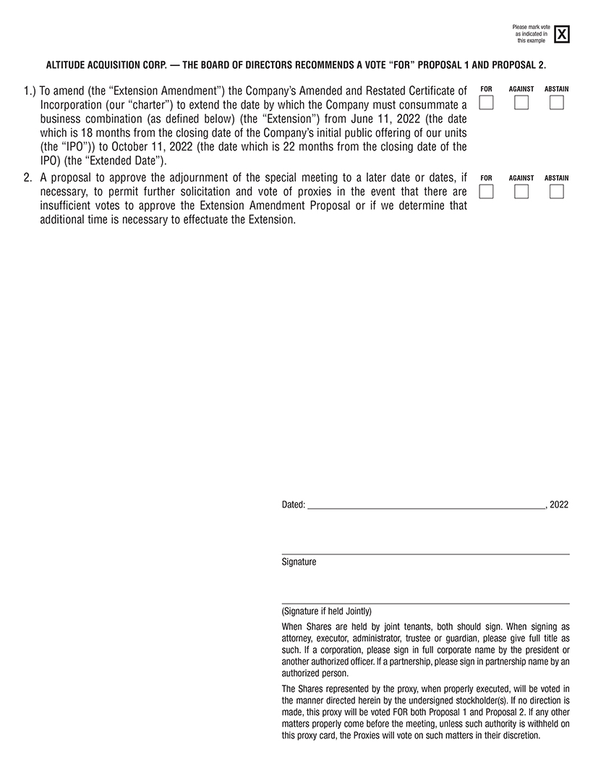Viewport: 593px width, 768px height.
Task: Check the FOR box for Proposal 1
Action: point(487,103)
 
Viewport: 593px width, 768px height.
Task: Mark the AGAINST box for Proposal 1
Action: point(521,103)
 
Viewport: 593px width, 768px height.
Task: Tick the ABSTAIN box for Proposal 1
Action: point(556,103)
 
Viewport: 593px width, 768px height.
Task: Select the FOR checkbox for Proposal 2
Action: point(487,192)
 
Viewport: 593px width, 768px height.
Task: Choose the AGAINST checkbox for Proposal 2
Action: point(521,192)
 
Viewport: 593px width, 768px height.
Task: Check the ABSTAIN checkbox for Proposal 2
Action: point(556,192)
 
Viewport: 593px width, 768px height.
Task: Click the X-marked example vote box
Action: point(562,34)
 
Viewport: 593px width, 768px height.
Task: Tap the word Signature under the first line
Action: point(299,562)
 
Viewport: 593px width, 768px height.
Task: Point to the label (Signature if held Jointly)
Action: point(326,611)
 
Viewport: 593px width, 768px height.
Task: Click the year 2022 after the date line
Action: point(558,505)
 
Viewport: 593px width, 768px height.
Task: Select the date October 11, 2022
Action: point(153,147)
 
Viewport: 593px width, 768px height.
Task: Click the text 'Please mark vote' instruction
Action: point(531,28)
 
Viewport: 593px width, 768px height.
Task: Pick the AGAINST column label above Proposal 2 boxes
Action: point(521,178)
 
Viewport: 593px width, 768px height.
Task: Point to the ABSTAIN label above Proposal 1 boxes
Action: point(556,89)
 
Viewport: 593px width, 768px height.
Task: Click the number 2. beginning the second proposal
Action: point(28,178)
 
